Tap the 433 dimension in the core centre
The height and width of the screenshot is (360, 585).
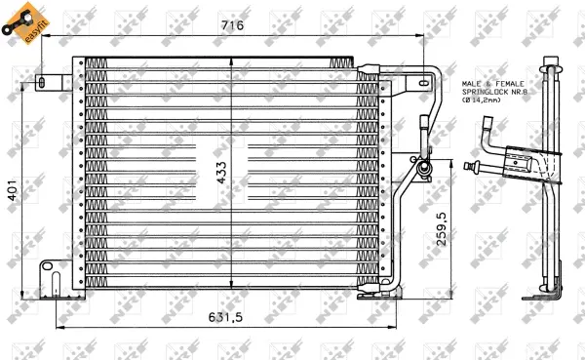[221, 172]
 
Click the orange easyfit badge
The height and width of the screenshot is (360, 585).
[21, 22]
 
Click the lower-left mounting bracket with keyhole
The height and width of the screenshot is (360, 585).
[50, 276]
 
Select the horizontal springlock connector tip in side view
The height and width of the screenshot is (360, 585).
[472, 166]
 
